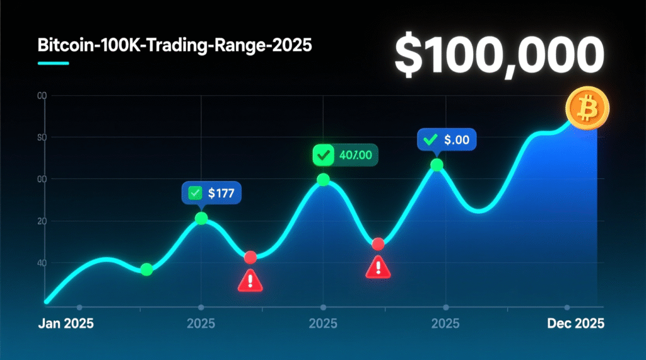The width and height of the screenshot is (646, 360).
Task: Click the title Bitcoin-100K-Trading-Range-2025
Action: point(175,47)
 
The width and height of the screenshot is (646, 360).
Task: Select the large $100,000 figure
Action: point(496,55)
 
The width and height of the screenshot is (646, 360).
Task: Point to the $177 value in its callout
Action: point(221,193)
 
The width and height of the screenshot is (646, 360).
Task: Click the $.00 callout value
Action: point(457,140)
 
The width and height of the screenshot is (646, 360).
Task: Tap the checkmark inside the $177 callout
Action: point(195,193)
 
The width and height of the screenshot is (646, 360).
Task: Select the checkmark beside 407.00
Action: point(324,154)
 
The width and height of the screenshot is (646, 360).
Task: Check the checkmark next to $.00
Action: point(432,140)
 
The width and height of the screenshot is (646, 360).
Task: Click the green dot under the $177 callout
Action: point(201,218)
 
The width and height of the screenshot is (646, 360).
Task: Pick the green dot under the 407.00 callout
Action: point(323,180)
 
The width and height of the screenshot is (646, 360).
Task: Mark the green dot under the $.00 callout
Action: point(437,165)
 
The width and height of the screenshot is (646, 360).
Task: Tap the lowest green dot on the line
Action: point(146,269)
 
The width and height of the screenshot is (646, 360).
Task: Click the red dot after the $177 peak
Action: point(250,257)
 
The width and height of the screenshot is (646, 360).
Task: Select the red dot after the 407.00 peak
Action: point(378,244)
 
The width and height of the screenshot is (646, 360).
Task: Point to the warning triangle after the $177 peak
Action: point(250,280)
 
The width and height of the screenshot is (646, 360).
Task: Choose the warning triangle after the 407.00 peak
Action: point(378,267)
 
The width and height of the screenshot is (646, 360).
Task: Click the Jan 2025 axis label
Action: point(66,324)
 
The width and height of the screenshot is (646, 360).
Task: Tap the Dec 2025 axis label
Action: point(575,324)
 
